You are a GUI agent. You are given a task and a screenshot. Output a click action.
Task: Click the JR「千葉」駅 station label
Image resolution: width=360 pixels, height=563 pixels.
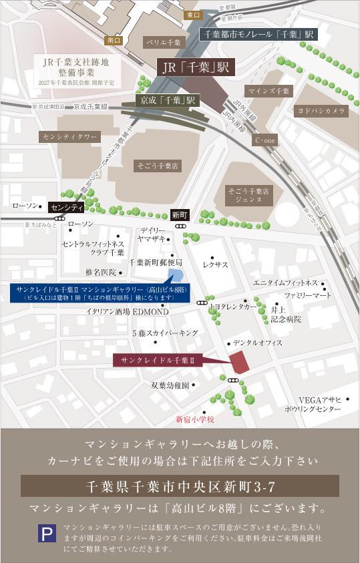click(x=193, y=67)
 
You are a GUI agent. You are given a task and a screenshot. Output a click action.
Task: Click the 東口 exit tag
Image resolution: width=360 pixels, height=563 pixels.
click(x=193, y=15)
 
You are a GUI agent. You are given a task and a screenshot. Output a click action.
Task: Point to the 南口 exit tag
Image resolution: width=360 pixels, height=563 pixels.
click(x=114, y=40)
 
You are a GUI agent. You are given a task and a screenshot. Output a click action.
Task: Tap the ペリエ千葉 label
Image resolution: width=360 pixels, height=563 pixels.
click(x=164, y=42)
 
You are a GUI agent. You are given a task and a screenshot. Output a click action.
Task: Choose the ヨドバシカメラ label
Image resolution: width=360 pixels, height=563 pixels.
click(x=322, y=111)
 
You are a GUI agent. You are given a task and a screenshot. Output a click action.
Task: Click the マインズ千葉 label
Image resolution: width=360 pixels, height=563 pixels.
click(x=268, y=90)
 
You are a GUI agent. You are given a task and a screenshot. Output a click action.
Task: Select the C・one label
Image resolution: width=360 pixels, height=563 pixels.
click(x=265, y=141)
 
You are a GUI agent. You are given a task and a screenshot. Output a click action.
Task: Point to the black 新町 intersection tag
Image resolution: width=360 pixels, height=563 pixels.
click(x=180, y=215)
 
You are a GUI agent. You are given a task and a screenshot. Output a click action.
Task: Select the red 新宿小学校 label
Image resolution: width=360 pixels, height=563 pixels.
click(x=195, y=419)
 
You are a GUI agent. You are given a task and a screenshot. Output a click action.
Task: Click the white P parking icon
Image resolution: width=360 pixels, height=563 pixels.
click(x=46, y=535)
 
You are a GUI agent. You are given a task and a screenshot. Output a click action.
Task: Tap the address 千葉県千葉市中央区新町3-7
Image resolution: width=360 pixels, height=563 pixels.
click(x=180, y=486)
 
